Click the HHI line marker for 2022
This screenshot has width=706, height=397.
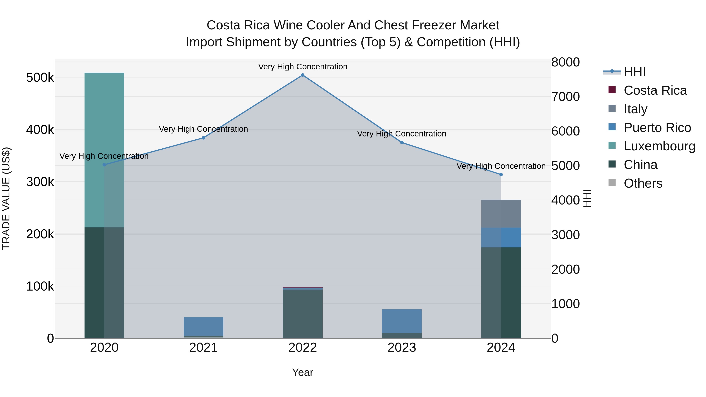pos(303,75)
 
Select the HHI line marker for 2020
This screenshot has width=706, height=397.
pos(104,165)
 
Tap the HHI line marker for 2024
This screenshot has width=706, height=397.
pos(501,174)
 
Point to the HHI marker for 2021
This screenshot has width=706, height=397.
pos(203,138)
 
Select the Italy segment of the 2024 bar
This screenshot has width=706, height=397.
pos(501,214)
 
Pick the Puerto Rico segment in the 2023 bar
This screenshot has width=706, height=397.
pos(402,321)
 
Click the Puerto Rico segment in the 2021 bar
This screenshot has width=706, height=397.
pos(203,326)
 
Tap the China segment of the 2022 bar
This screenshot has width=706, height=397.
pos(303,314)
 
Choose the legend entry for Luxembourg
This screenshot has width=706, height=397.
pos(659,146)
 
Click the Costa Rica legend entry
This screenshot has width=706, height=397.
pos(655,90)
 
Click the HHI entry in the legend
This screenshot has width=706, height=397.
pos(634,72)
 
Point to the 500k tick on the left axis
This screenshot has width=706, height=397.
pos(40,77)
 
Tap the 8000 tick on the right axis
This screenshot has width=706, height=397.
pos(565,62)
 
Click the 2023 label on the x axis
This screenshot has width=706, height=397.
pos(402,348)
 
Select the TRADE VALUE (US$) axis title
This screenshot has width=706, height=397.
pos(6,198)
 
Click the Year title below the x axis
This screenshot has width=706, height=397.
pos(303,372)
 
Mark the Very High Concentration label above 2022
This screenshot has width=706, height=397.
pos(303,67)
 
